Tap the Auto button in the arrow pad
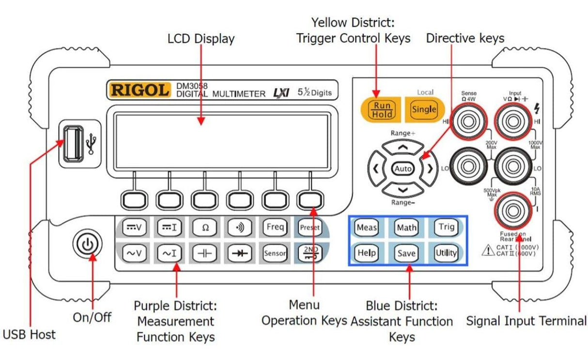pos(403,169)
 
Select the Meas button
pos(367,227)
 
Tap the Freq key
pos(275,227)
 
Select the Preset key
pos(309,227)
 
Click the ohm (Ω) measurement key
pos(205,227)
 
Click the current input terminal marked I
pos(511,209)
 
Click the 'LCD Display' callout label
pos(201,39)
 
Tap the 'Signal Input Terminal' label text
pos(526,321)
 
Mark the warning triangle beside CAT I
pos(487,250)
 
